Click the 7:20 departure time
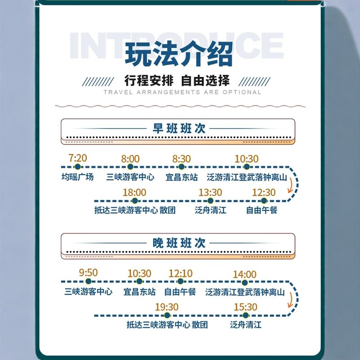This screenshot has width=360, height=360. [77, 158]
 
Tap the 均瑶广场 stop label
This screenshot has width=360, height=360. [77, 177]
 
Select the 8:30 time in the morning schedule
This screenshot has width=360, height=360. [181, 159]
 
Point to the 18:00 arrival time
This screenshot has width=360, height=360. [134, 193]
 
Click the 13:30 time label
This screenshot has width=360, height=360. [210, 193]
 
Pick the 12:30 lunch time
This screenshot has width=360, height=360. [264, 193]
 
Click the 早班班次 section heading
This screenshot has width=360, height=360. [179, 128]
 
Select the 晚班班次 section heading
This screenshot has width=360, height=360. [179, 243]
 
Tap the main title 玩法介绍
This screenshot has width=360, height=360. [179, 54]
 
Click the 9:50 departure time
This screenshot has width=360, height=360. [88, 272]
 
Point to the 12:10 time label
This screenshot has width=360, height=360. [180, 273]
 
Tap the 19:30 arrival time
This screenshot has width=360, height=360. [166, 307]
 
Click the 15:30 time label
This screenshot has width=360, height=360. [245, 307]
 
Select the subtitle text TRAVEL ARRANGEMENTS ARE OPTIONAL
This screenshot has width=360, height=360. [182, 92]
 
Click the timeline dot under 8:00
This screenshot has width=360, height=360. [130, 167]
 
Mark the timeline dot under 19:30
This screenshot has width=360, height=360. [166, 315]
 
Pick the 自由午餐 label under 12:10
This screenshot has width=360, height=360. [180, 292]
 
